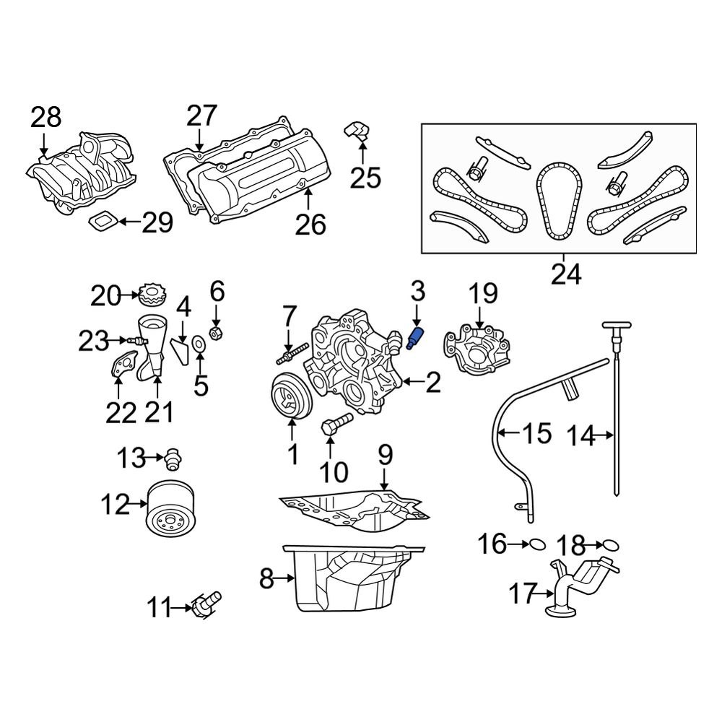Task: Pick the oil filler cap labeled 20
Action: (152, 295)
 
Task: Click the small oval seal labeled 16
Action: (537, 544)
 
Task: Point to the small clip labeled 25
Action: (358, 131)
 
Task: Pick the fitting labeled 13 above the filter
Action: (173, 457)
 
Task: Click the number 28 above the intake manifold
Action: (46, 118)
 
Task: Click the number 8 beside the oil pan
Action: (267, 578)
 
